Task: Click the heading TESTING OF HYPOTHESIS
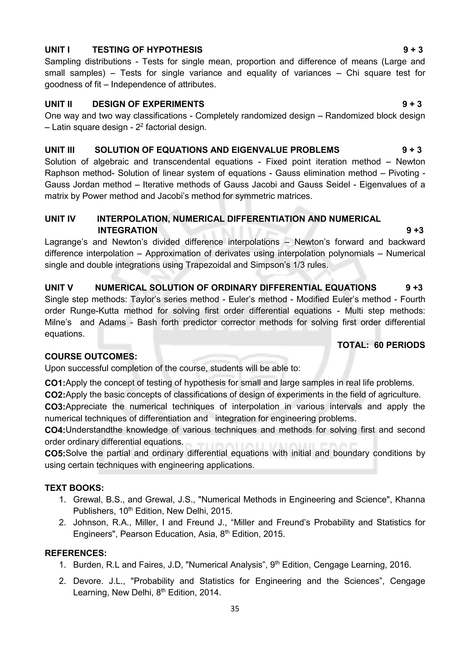click(x=147, y=50)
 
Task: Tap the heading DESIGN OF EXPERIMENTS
click(x=148, y=104)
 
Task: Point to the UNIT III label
click(x=60, y=150)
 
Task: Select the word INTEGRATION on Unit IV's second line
click(x=127, y=230)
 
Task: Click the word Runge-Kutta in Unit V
click(x=94, y=311)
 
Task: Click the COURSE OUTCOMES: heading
click(x=91, y=357)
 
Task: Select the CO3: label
click(x=55, y=407)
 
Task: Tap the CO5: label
click(x=55, y=453)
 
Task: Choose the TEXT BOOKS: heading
click(x=74, y=488)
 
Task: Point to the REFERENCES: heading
click(x=76, y=553)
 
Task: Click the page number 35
click(x=235, y=609)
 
